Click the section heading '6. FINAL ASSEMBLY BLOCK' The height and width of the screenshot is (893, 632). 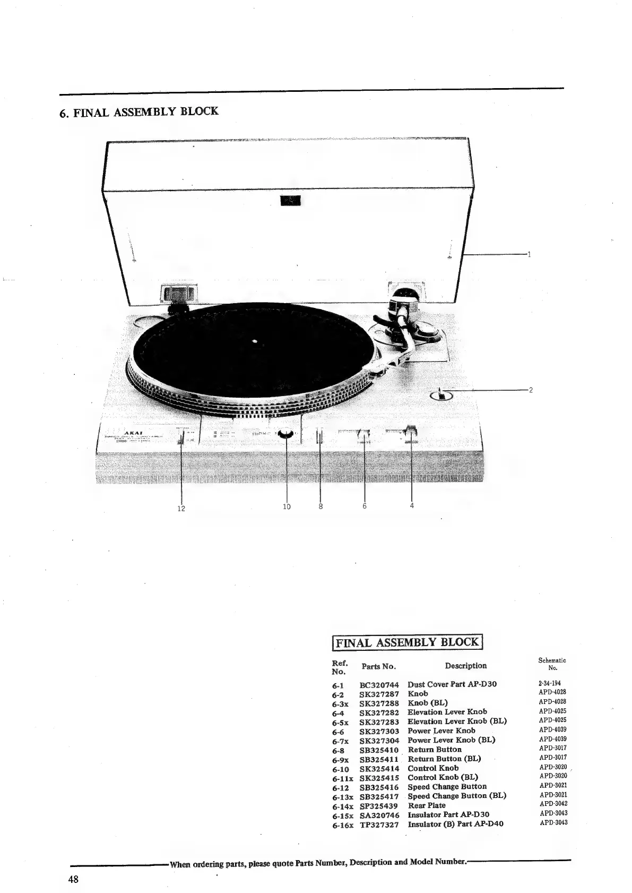(x=139, y=112)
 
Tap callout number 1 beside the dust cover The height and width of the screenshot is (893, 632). (x=529, y=254)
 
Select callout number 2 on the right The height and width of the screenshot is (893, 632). (x=531, y=390)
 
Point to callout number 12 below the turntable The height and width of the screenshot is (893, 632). (x=181, y=509)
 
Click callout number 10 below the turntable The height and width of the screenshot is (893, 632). (x=287, y=506)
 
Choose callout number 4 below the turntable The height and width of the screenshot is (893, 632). (x=412, y=505)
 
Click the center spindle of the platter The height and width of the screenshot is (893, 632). (x=255, y=341)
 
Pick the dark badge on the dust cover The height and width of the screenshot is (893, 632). (x=290, y=200)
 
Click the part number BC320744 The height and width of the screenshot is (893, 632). (x=379, y=685)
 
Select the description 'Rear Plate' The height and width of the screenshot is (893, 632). (x=427, y=805)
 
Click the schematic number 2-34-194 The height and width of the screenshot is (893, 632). (x=550, y=683)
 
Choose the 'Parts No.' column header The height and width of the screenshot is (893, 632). (x=378, y=666)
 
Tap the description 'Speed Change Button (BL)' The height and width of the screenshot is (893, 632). (x=456, y=796)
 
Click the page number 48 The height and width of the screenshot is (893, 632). (x=73, y=879)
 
